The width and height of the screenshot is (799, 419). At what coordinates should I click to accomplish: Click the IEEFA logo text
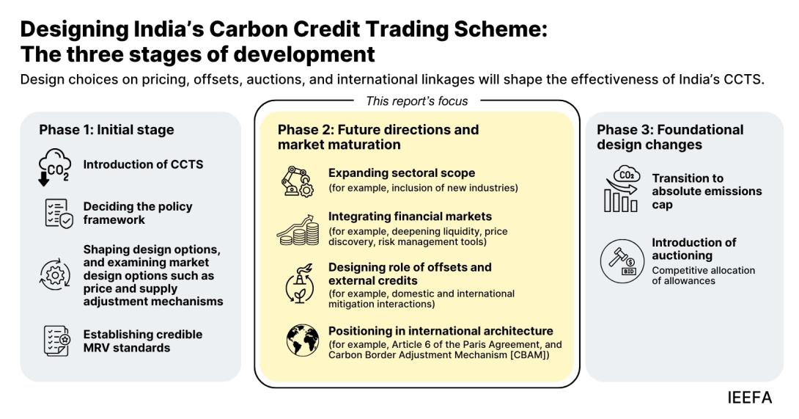(x=750, y=398)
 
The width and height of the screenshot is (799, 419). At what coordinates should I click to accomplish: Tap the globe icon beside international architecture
(x=303, y=340)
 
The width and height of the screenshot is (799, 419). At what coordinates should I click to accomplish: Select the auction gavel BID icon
(x=622, y=261)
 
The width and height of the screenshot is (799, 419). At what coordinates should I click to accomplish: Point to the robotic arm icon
(x=298, y=181)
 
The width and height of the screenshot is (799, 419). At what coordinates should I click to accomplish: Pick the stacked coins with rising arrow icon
(x=298, y=230)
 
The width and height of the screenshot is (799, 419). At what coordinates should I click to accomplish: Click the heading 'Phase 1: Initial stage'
(x=106, y=130)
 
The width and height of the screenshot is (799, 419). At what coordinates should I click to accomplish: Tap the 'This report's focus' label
(x=417, y=101)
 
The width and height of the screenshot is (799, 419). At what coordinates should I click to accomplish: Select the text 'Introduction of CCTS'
(x=143, y=164)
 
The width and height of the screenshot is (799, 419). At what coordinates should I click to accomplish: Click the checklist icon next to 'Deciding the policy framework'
(x=59, y=214)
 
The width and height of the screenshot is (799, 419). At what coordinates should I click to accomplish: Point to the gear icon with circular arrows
(x=55, y=275)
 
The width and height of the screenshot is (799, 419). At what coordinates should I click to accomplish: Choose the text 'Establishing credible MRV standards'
(x=143, y=341)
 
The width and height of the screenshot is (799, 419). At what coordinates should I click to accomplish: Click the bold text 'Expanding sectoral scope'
(x=402, y=173)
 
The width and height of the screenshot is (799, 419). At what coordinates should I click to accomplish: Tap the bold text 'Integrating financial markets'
(x=410, y=216)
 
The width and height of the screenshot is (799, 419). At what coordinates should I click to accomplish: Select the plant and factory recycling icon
(x=300, y=284)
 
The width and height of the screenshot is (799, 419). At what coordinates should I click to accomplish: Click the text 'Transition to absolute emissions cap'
(x=707, y=192)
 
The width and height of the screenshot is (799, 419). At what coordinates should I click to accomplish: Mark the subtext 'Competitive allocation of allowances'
(x=703, y=276)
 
